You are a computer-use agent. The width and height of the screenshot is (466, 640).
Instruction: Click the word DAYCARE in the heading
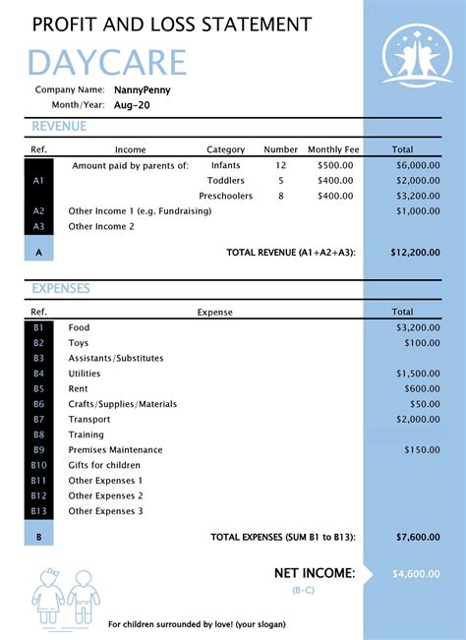pos(107,62)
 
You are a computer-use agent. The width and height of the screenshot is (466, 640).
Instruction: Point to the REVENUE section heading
pos(59,127)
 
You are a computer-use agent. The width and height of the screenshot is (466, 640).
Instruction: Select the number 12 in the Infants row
pos(281,165)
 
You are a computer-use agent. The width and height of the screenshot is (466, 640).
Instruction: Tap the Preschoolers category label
pos(225,196)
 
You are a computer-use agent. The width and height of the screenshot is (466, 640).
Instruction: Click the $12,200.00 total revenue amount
pos(415,253)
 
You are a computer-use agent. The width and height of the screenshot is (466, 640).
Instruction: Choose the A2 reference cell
pos(39,211)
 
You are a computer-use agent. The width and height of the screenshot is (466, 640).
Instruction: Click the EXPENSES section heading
pos(61,289)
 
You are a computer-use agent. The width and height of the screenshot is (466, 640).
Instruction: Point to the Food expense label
pos(79,327)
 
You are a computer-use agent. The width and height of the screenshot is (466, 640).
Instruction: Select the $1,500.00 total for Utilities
pos(418,374)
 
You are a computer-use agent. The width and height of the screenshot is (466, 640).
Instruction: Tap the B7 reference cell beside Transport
pos(39,419)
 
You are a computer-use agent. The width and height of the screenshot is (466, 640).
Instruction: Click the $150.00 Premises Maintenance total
pos(422,449)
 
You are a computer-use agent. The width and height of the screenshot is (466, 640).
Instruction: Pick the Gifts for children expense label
pos(104,465)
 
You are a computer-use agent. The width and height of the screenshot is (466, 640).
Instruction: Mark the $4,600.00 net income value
pos(416,573)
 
